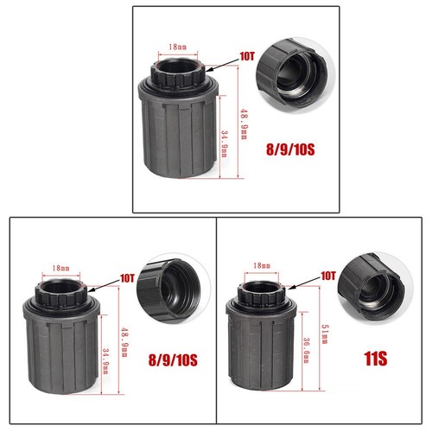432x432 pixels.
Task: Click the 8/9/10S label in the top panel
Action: click(x=290, y=149)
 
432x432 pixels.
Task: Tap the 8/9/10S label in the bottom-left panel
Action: click(x=173, y=360)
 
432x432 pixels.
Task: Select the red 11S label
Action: click(x=376, y=359)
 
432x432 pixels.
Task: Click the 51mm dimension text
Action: click(x=325, y=334)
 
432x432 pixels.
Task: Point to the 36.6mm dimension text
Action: click(x=306, y=350)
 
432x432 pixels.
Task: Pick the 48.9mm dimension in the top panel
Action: click(x=244, y=124)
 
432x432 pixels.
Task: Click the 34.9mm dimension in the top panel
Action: click(x=225, y=143)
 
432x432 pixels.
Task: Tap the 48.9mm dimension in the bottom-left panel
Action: click(x=124, y=341)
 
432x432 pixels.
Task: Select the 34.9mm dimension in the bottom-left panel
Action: click(x=106, y=361)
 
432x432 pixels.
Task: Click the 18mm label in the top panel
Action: click(x=177, y=47)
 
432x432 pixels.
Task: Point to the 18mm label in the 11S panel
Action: click(x=262, y=265)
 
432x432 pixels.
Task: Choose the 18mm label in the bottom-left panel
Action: click(x=60, y=268)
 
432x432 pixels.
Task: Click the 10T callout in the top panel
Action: click(x=247, y=56)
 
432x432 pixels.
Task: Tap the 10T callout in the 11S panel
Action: click(x=328, y=276)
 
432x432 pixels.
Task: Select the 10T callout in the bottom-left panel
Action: click(x=127, y=278)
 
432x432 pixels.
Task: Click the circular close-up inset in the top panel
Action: click(x=296, y=74)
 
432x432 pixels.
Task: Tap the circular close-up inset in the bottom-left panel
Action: click(x=174, y=289)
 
